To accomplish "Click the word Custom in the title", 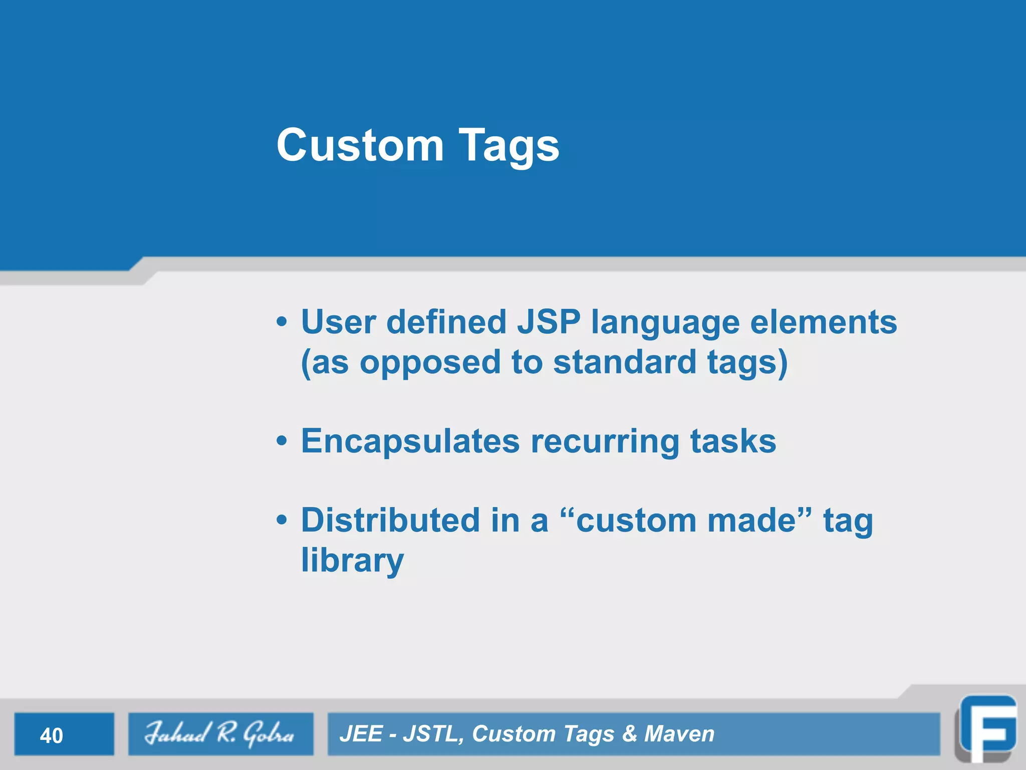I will [360, 145].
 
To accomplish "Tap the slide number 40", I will [52, 735].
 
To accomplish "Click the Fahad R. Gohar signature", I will [219, 734].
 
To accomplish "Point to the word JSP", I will [549, 322].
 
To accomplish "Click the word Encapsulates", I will [410, 442].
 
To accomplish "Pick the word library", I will [352, 561].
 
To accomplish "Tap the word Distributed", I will [390, 520].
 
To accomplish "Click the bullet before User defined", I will [282, 322].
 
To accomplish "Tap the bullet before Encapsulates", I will [282, 441].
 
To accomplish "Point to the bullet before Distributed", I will [282, 520].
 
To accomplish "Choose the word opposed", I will [430, 363].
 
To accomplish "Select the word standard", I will [624, 362].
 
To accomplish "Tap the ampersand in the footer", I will [629, 734].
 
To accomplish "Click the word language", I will [665, 323].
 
